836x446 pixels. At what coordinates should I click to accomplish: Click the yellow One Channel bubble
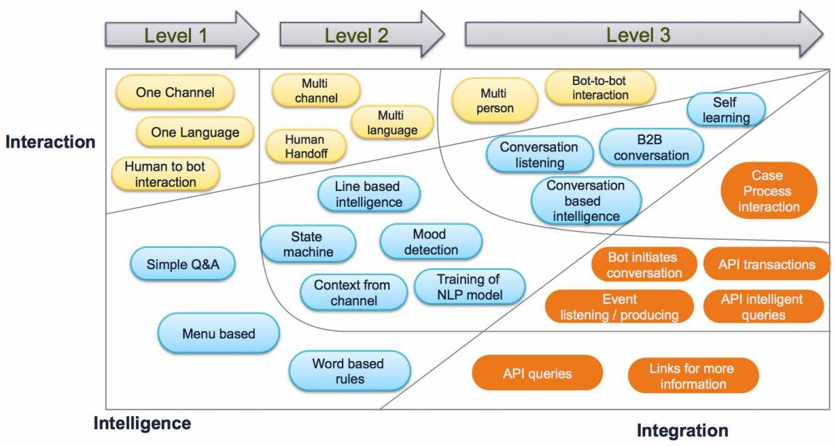tap(175, 93)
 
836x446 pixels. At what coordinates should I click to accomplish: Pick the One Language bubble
tap(196, 132)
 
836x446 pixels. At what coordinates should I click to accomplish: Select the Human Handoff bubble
tap(304, 146)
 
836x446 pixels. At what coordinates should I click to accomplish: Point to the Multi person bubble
tap(496, 100)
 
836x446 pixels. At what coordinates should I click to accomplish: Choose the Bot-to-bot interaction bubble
tap(600, 88)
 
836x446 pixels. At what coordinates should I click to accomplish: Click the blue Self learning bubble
tap(726, 110)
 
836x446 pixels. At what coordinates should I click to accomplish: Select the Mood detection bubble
tap(431, 241)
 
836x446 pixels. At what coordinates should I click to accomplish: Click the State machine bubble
tap(308, 244)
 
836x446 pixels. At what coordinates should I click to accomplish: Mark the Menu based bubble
tap(219, 333)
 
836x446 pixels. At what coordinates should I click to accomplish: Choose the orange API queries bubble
tap(537, 374)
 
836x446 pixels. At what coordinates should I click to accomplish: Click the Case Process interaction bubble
tap(768, 191)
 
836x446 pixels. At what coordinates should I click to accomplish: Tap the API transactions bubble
tap(766, 264)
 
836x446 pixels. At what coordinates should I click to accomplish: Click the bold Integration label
tap(683, 430)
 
